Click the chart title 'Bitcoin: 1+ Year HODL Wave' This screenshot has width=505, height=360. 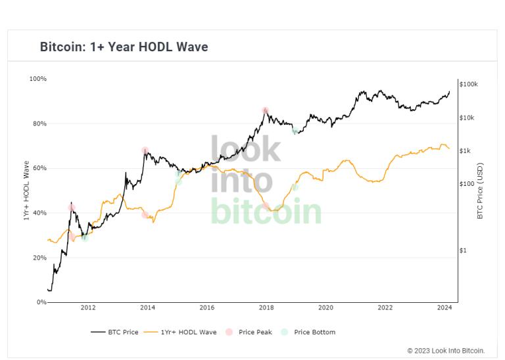pos(124,47)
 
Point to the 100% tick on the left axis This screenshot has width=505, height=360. pos(38,79)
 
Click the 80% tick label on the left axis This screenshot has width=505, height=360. pos(39,124)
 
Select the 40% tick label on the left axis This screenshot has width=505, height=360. pos(39,213)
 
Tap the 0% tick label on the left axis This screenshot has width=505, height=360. pos(41,302)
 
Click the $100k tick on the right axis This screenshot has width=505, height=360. pos(469,85)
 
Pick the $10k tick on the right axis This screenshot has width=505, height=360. pos(468,118)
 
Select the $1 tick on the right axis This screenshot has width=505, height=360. pos(463,250)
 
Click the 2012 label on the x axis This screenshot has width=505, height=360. pos(88,307)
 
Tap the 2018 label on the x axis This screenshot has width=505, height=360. pos(266,307)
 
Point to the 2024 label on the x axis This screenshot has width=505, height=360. pos(445,307)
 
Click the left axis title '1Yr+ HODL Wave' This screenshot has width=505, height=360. pos(27,191)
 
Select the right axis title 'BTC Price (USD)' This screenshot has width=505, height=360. pos(480,191)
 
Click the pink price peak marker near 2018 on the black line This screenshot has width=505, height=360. pos(265,111)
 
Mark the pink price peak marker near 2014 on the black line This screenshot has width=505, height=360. pos(145,150)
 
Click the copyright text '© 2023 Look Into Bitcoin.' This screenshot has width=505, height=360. pos(446,351)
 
